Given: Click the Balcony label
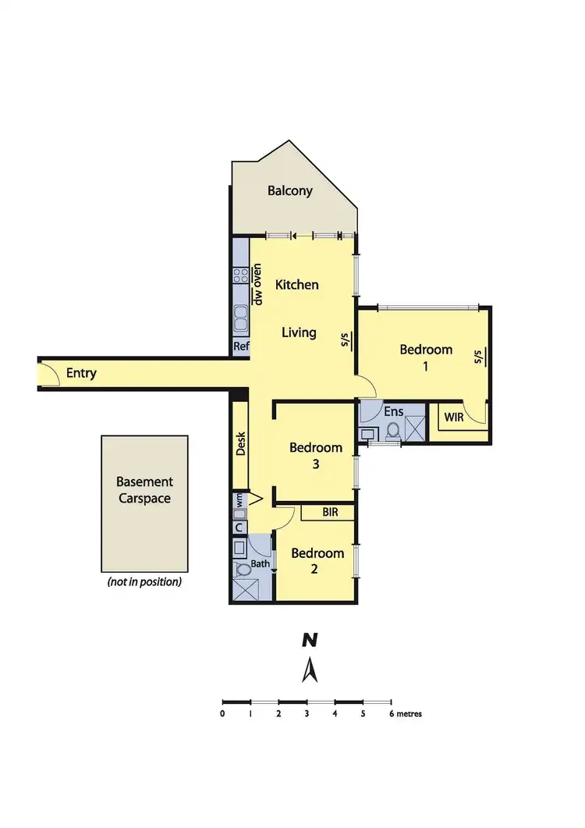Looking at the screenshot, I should pos(289,190).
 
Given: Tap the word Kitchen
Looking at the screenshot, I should pos(297,285).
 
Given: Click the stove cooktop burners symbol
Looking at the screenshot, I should pos(240,275).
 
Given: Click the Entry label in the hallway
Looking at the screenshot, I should pos(81,373).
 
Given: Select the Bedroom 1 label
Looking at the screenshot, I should pos(426,357).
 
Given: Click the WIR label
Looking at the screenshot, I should pos(454,418).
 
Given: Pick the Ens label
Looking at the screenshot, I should pos(393,411).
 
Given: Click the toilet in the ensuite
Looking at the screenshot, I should pos(392,430).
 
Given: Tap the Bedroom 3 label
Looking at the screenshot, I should pos(316,456).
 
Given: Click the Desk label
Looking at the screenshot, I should pos(240,444).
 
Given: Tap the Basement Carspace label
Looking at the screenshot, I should pos(144,490).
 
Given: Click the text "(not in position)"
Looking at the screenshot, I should pos(144,582).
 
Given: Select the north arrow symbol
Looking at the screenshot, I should pos(310,670).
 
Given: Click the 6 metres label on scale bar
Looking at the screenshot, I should pos(404,713).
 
